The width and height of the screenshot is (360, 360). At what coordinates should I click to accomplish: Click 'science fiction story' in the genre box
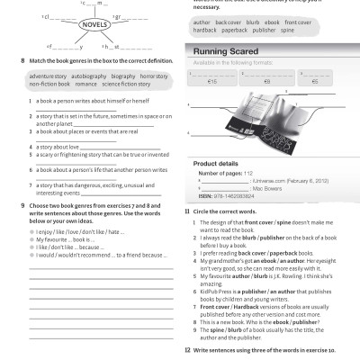pos(128,85)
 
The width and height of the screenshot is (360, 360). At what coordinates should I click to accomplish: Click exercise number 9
pos(22,205)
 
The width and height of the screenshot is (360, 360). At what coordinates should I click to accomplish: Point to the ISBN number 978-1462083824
pos(238,197)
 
